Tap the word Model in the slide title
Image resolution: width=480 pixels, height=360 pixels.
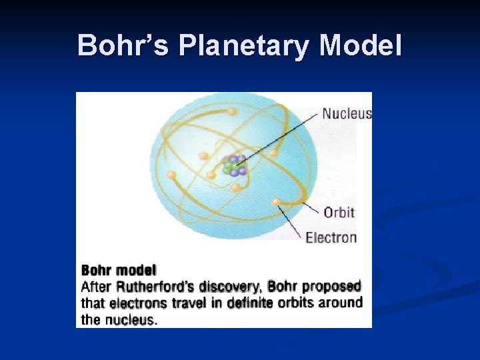point(361,46)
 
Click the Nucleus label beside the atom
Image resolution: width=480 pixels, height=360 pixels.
point(347,113)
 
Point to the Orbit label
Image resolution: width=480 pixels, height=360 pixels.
point(339,213)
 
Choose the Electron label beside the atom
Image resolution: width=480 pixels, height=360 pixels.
point(331,237)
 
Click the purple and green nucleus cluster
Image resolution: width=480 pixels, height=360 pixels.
point(234,165)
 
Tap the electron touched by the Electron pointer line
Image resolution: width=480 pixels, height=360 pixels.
point(275,201)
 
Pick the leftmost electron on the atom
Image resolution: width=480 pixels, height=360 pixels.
point(171,175)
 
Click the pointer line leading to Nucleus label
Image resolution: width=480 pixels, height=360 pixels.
point(280,137)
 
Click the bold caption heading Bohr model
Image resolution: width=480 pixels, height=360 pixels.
point(119,271)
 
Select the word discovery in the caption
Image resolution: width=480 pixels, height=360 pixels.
point(230,287)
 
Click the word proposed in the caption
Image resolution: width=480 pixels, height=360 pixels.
point(331,287)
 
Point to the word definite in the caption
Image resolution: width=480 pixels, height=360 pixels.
point(250,303)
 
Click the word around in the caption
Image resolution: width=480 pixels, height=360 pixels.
point(341,303)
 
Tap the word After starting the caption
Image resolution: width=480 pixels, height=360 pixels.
point(97,287)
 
